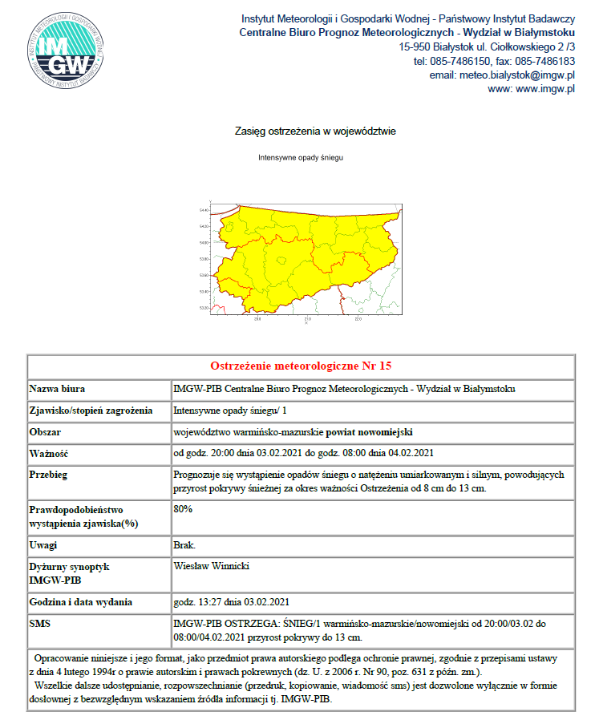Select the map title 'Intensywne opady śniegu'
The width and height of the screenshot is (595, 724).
(301, 158)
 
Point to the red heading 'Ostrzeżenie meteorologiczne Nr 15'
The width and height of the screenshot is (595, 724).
(301, 366)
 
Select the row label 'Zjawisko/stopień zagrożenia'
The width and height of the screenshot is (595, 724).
(91, 411)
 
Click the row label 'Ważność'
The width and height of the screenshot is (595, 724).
(51, 453)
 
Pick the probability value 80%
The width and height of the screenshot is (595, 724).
(183, 508)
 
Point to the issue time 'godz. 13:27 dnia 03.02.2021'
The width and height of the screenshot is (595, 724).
(231, 602)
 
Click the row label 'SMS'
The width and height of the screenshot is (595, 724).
(41, 623)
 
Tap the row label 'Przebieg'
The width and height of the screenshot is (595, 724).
(50, 475)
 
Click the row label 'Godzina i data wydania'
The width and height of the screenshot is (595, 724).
(80, 602)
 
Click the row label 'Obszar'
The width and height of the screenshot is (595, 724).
(47, 432)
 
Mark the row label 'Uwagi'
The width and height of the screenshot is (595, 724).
(45, 545)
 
